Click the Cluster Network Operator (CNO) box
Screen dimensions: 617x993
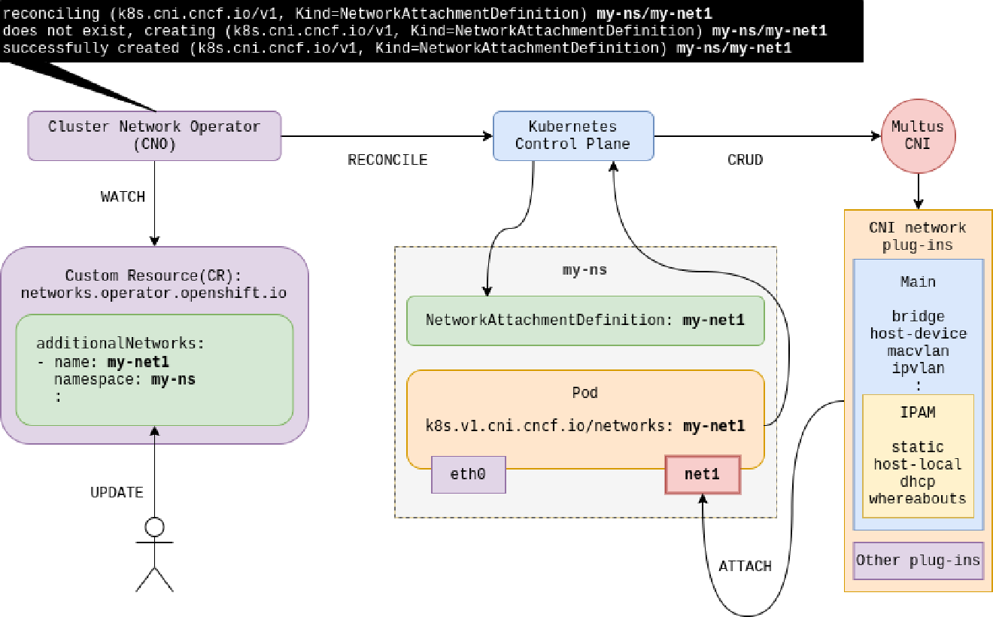(154, 135)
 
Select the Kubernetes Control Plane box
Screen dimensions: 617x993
(572, 135)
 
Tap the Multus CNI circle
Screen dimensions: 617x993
(917, 135)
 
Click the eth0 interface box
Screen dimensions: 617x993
(468, 474)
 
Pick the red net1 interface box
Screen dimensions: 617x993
(702, 474)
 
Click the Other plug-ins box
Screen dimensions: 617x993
(918, 561)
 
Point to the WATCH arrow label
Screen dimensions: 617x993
(123, 196)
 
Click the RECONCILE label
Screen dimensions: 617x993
(387, 160)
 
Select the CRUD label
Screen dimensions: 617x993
(745, 160)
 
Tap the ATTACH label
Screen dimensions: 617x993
(745, 566)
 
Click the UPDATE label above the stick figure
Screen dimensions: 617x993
(117, 493)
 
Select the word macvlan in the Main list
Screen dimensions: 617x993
(918, 351)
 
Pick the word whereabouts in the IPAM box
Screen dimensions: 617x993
(918, 498)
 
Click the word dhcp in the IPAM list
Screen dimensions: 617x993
(918, 482)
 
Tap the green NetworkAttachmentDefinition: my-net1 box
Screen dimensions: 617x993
(585, 320)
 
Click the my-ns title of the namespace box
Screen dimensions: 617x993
(585, 269)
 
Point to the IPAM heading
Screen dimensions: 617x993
(918, 412)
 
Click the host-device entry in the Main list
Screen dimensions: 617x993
(918, 333)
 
